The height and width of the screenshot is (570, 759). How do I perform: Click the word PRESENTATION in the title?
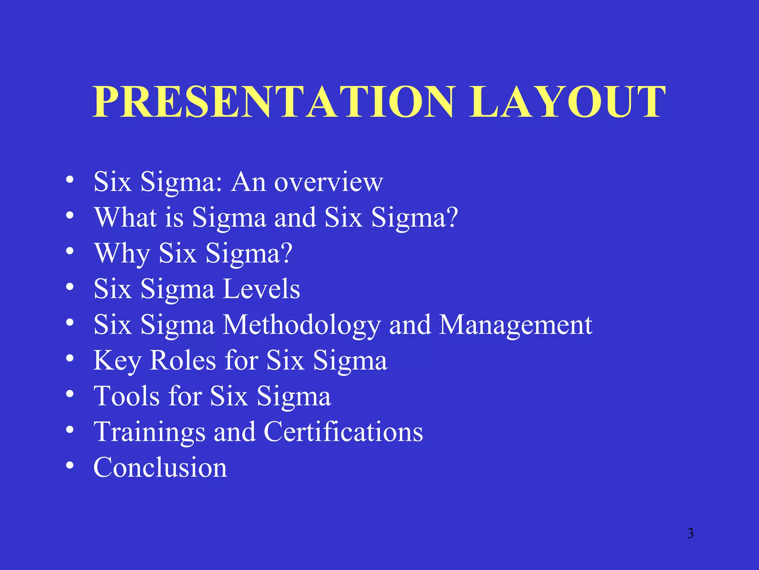(274, 102)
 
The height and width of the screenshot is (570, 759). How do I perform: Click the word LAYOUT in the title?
(567, 102)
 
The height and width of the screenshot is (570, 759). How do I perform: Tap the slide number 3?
(690, 533)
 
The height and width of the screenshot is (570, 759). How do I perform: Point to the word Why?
(122, 253)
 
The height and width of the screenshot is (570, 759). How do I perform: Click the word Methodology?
(302, 325)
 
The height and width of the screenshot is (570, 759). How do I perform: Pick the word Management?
(516, 325)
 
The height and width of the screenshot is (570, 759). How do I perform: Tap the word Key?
(117, 360)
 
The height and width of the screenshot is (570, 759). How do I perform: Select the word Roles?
(183, 360)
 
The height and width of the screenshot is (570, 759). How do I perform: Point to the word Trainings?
(149, 432)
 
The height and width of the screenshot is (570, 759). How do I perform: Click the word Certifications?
(343, 432)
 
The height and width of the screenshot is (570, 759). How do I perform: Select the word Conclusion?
(160, 467)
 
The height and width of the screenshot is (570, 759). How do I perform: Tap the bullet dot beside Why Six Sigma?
(70, 251)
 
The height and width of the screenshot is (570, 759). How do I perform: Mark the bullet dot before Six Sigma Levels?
(70, 286)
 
